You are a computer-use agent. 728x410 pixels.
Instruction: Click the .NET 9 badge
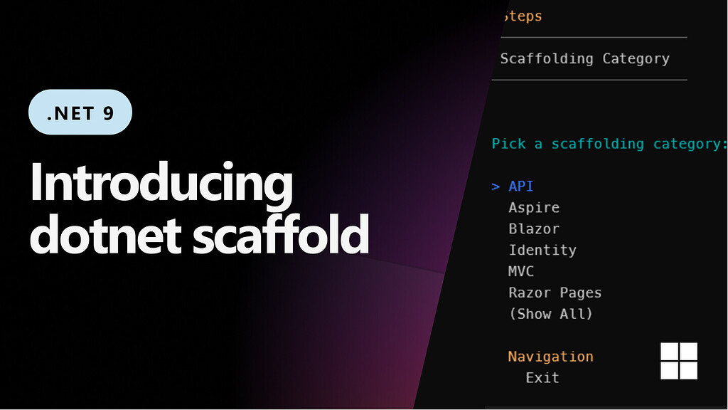(80, 112)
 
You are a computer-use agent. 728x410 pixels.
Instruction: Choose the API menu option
(520, 186)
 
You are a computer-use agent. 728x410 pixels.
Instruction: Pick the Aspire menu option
(534, 208)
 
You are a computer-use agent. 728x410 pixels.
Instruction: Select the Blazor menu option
(534, 229)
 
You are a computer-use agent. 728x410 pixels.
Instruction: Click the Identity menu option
(542, 251)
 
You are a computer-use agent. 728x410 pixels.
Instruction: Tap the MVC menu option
(520, 272)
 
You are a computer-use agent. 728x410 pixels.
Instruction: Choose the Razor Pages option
(555, 293)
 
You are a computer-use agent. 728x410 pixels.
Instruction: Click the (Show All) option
(550, 314)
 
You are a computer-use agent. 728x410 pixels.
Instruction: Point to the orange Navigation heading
(550, 357)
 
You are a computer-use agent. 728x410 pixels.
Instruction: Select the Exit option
(542, 378)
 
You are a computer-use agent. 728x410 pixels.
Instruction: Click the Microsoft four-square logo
(679, 361)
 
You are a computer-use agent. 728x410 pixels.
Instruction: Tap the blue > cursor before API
(496, 186)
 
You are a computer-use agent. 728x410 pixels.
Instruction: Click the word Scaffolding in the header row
(546, 58)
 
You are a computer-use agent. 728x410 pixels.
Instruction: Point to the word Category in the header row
(636, 58)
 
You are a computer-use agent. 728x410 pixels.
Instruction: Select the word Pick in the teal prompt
(508, 144)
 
